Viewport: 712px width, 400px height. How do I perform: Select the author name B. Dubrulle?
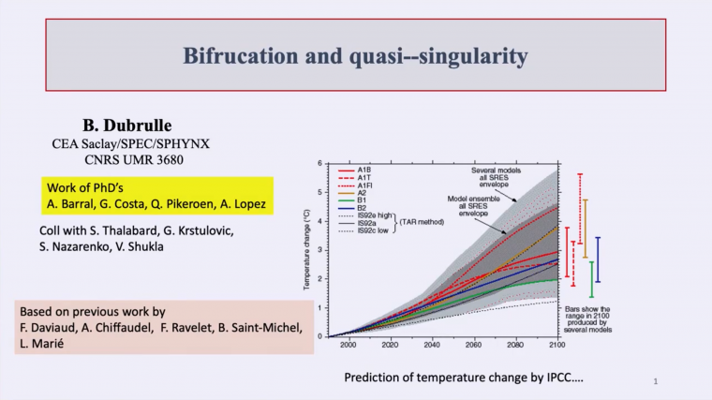117,125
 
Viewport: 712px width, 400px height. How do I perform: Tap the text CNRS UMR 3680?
117,159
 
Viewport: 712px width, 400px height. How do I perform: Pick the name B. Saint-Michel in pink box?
256,328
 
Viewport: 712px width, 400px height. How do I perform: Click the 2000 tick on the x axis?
349,345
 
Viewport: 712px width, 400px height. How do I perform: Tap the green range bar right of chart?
591,279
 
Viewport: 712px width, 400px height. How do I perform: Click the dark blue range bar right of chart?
599,259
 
